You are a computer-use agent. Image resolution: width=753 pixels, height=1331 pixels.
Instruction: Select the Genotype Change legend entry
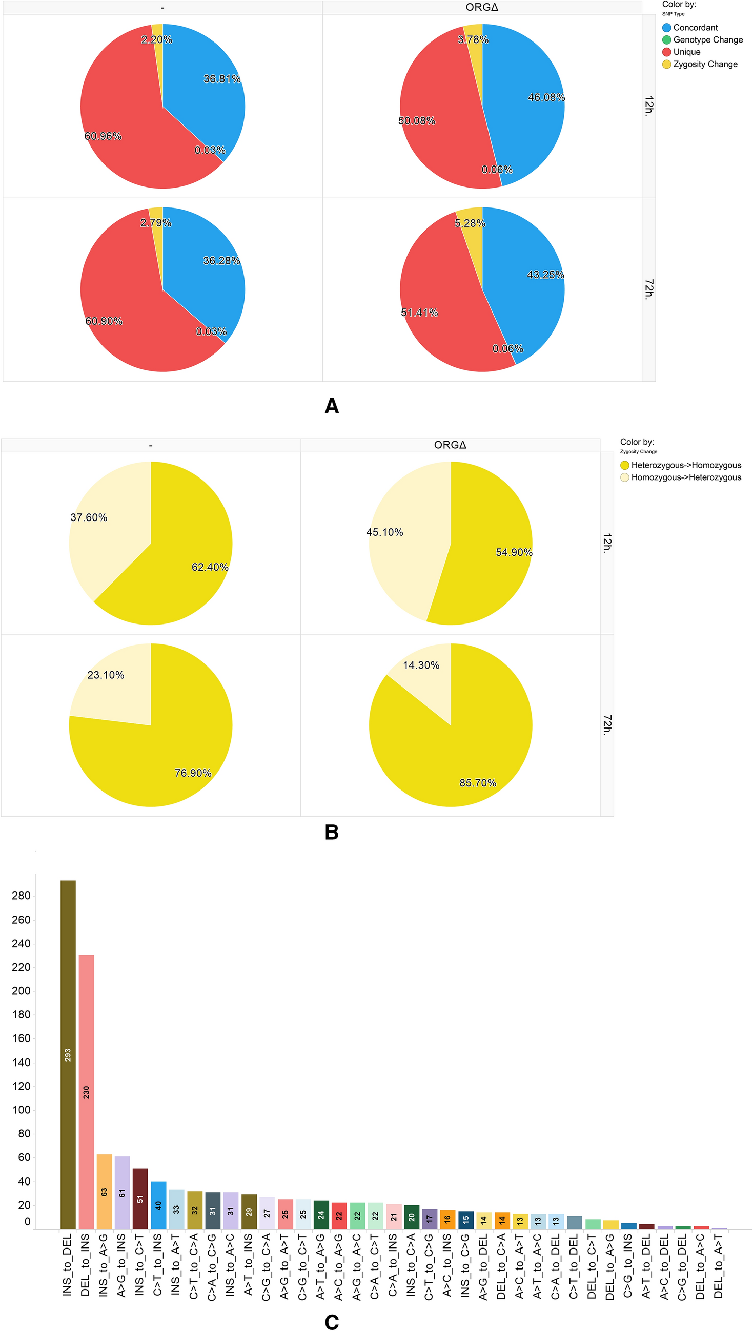[x=707, y=40]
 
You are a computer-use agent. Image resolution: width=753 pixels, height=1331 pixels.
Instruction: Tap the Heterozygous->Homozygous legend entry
[x=685, y=465]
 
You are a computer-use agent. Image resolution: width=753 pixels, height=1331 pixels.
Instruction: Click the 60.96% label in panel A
[x=103, y=136]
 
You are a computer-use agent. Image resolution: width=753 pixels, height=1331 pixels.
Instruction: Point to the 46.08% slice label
[x=545, y=97]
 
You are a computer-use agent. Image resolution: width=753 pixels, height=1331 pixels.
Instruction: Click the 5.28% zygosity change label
[x=470, y=223]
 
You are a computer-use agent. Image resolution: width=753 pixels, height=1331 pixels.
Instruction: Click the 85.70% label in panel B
[x=477, y=783]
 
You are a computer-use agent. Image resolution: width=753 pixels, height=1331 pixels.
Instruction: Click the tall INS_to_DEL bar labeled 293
[x=68, y=1054]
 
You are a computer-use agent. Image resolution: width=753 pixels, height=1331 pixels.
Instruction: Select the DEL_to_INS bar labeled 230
[x=86, y=1091]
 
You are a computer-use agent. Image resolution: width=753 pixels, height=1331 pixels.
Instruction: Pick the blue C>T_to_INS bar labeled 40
[x=158, y=1204]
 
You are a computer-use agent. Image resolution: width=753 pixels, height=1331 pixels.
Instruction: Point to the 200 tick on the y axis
[x=21, y=990]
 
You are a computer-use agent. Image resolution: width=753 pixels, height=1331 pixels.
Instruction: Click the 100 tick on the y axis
[x=21, y=1110]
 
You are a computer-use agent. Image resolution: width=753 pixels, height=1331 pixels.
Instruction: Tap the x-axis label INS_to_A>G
[x=104, y=1265]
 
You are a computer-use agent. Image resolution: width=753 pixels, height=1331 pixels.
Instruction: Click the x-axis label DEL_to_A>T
[x=718, y=1265]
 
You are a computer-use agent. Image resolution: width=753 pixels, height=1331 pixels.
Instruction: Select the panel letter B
[x=332, y=831]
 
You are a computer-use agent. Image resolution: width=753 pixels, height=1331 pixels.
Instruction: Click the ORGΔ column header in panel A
[x=481, y=7]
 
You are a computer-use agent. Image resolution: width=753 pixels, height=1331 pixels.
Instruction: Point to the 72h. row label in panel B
[x=606, y=725]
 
